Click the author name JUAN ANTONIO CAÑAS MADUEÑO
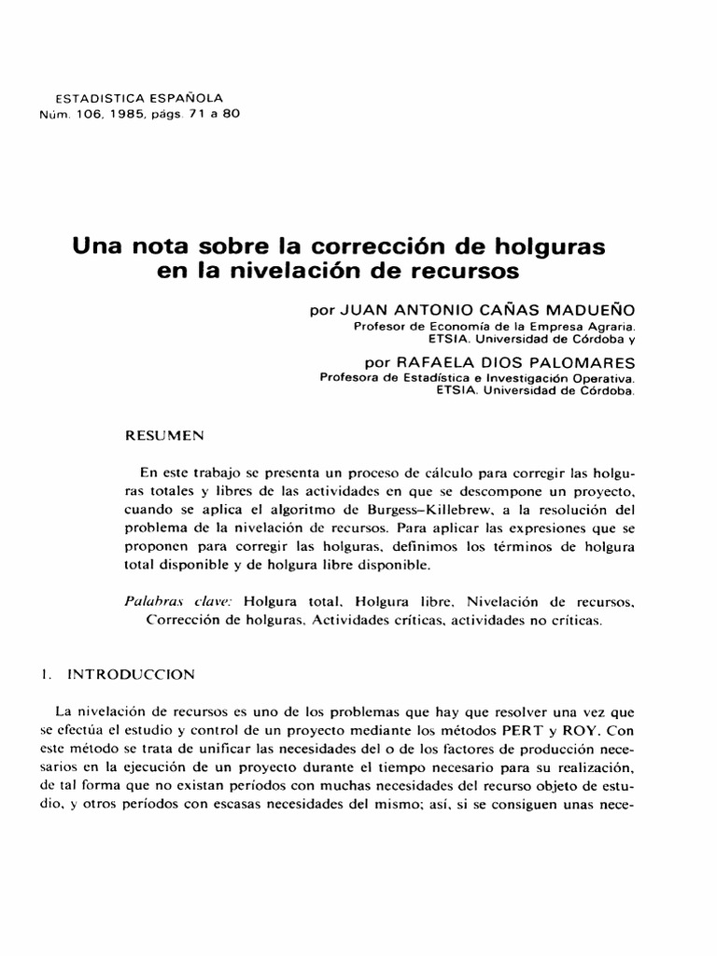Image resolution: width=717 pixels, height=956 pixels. [x=500, y=308]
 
